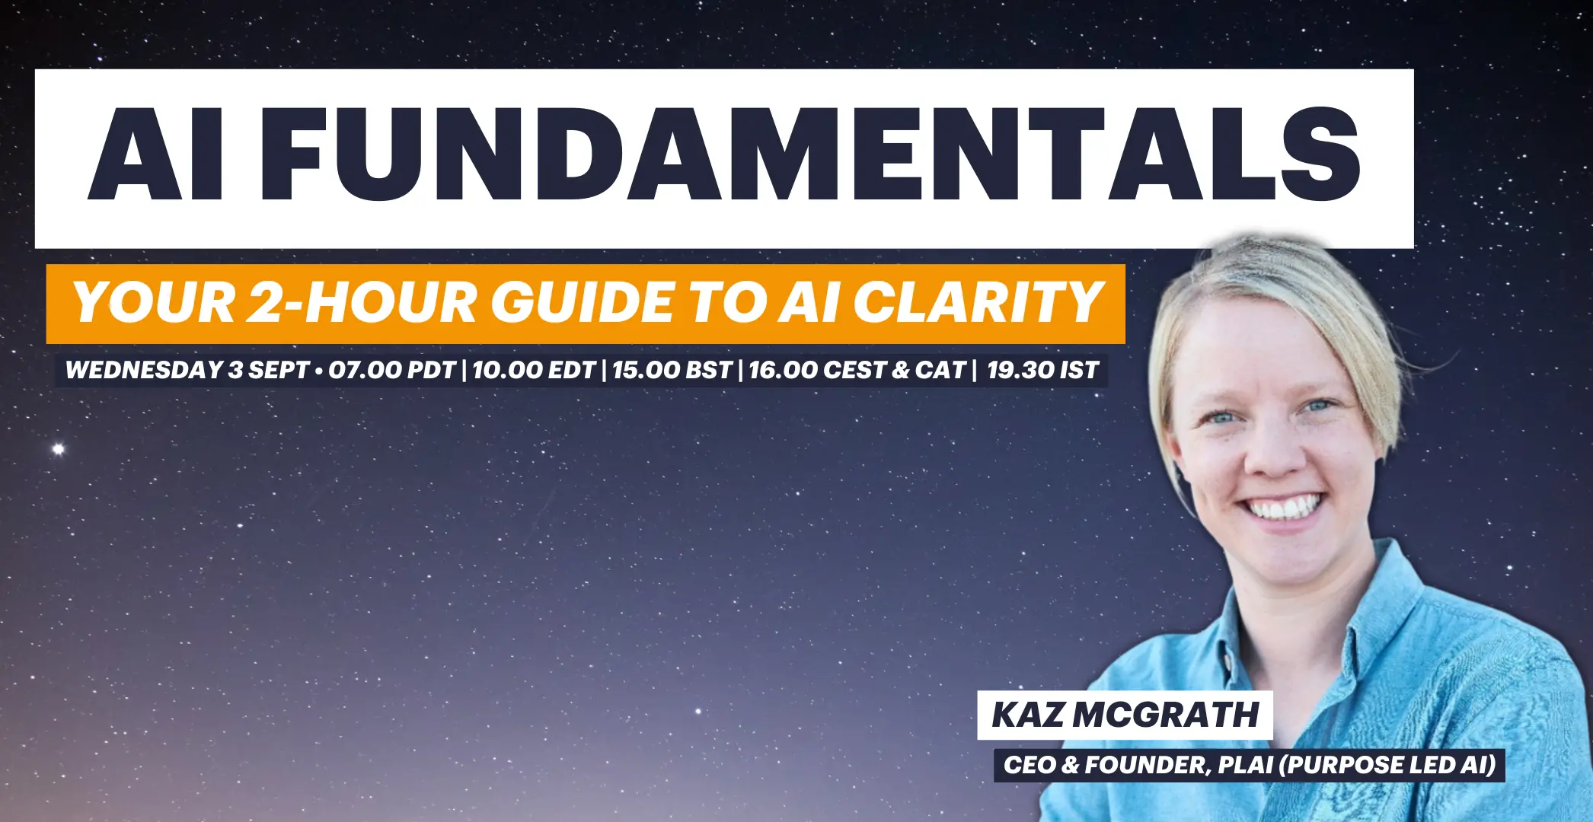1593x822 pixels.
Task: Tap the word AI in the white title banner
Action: coord(157,155)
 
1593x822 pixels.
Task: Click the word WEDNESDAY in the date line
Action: coord(145,371)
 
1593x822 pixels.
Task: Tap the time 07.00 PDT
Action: coord(392,371)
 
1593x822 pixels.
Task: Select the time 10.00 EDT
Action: coord(534,371)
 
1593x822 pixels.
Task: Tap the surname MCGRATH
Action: coord(1166,715)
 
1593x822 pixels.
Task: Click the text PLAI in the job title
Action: coord(1245,765)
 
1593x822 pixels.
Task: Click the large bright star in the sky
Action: coord(58,449)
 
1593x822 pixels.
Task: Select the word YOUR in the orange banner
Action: coord(155,303)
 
